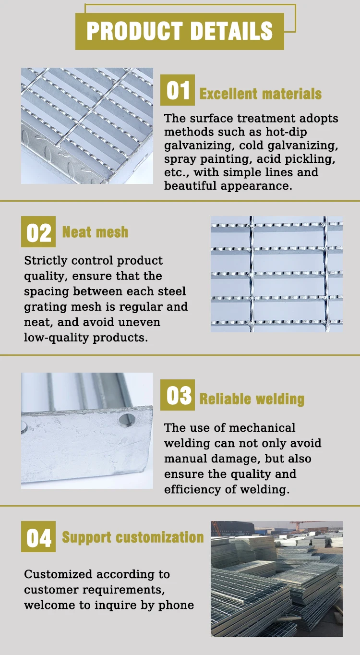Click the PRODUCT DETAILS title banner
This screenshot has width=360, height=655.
(180, 31)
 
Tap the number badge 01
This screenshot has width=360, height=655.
(178, 90)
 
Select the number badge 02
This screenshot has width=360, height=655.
(38, 232)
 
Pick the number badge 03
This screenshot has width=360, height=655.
(178, 395)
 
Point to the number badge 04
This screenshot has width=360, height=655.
(38, 537)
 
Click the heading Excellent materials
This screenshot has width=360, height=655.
(260, 94)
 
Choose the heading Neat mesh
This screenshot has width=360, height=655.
(96, 232)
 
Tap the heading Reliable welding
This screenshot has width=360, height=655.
(252, 399)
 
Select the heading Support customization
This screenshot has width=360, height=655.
(133, 537)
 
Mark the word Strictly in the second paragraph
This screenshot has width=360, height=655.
(46, 261)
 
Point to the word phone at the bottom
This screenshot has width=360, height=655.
(177, 605)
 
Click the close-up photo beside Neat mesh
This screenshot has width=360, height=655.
(276, 274)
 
